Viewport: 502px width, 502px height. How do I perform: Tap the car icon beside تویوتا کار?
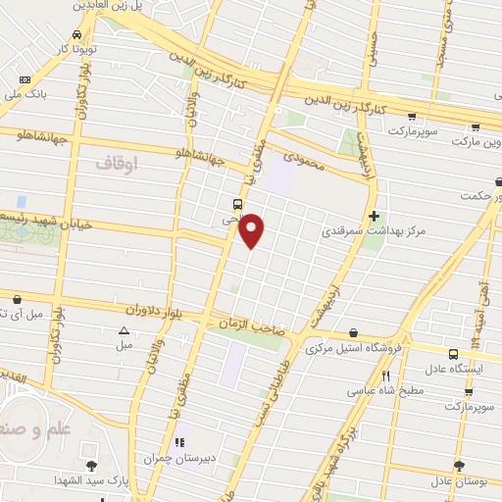pos(89,32)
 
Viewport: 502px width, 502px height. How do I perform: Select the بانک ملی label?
pos(29,95)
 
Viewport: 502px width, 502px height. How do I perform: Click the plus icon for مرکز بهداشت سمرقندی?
pos(373,216)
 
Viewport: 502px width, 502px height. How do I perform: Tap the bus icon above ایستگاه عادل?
pos(453,354)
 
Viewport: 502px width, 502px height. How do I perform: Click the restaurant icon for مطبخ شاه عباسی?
pos(385,376)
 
